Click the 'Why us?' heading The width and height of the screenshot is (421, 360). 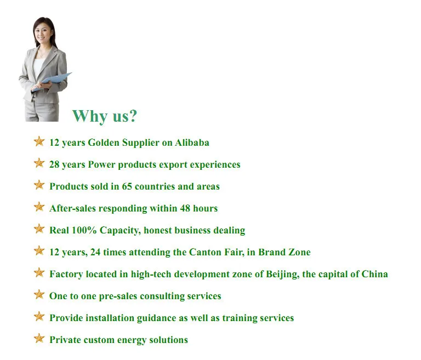coord(105,116)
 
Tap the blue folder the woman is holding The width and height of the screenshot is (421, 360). coord(53,81)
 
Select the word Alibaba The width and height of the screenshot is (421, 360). coord(192,142)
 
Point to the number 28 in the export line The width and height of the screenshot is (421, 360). coord(54,164)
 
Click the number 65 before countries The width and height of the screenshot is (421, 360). coord(127,186)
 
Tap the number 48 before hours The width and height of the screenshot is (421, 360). coord(185,208)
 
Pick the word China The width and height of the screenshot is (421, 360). coord(375,274)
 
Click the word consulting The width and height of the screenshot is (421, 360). coord(162,296)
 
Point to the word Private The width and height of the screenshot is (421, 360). coord(65,340)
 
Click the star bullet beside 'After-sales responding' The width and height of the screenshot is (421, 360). coord(39,207)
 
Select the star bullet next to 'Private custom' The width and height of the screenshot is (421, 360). coord(39,338)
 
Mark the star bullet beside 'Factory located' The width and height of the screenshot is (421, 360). coord(39,272)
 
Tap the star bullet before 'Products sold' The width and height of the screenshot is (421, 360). coord(39,185)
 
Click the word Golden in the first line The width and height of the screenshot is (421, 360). coord(104,142)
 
